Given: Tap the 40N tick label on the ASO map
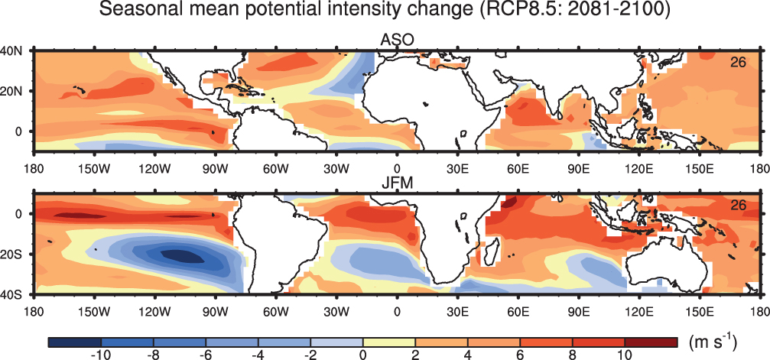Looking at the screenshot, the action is coord(9,50).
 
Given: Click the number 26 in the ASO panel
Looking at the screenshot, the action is coord(738,63).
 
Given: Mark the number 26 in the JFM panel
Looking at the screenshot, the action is coord(738,206).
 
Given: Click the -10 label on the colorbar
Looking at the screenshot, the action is coord(101,355).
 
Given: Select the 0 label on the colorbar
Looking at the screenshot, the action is coord(363,355).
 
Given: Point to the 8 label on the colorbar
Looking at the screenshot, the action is coord(572,355).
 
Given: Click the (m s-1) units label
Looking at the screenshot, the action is coord(713,340).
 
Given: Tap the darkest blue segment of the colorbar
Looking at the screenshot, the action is coord(75,342).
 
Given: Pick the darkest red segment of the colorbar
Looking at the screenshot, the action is coord(651,342).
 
